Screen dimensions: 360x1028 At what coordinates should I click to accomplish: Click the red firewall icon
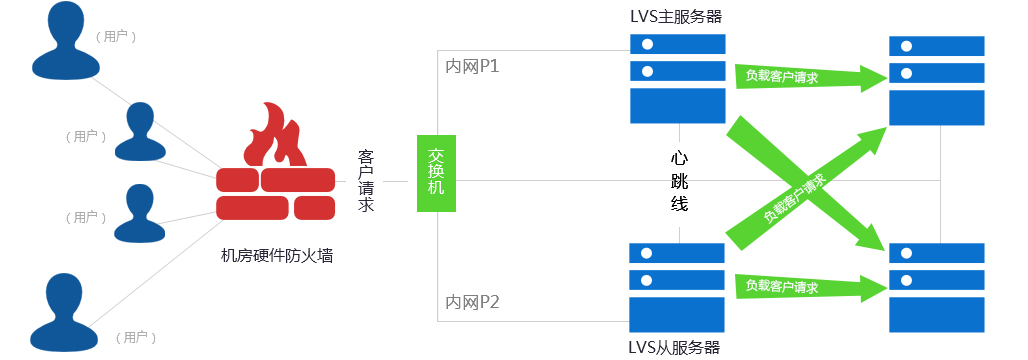pyautogui.click(x=276, y=165)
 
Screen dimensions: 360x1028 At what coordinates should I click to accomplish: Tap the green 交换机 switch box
pyautogui.click(x=436, y=173)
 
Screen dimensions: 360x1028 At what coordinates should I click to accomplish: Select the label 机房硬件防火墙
pyautogui.click(x=276, y=257)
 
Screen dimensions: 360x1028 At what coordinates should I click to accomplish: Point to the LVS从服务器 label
pyautogui.click(x=674, y=347)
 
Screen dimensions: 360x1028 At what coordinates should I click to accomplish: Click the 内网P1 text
pyautogui.click(x=472, y=67)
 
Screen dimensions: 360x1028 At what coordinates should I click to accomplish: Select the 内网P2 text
pyautogui.click(x=472, y=301)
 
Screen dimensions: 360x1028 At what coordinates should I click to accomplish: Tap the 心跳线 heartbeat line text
pyautogui.click(x=679, y=181)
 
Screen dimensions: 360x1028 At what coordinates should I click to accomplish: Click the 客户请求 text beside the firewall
pyautogui.click(x=366, y=181)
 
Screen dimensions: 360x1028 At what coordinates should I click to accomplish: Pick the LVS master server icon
pyautogui.click(x=677, y=78)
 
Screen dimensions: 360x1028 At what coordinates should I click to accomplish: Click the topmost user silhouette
pyautogui.click(x=66, y=41)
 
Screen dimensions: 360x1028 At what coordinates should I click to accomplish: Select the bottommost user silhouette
pyautogui.click(x=66, y=312)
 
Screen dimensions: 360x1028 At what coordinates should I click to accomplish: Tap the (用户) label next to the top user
pyautogui.click(x=116, y=36)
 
